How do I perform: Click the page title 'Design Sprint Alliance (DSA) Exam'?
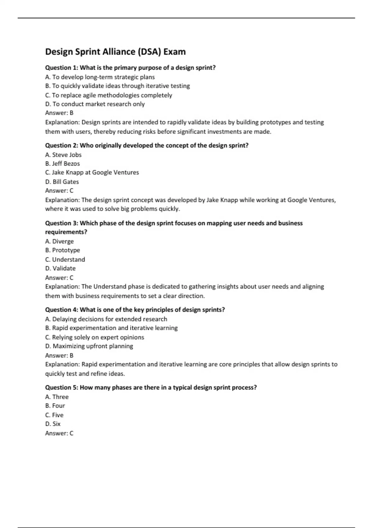(115, 52)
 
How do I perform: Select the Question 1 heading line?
(130, 68)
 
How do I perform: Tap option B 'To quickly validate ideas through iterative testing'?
(117, 86)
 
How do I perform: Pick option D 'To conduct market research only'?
(95, 104)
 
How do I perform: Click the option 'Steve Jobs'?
(63, 155)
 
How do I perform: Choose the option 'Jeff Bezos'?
(62, 163)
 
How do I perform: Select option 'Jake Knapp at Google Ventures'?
(92, 172)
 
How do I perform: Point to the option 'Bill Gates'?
(62, 182)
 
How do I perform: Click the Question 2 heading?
(147, 145)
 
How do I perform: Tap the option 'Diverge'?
(59, 241)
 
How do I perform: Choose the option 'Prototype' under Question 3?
(62, 250)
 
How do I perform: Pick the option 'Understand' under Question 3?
(65, 259)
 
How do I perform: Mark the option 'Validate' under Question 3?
(60, 268)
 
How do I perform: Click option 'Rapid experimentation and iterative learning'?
(111, 328)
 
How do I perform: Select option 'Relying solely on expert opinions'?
(94, 337)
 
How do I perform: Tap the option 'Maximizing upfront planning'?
(89, 346)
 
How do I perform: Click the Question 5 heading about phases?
(151, 387)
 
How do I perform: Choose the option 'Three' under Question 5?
(57, 397)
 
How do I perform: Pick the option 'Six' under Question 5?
(53, 424)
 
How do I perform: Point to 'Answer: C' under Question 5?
(59, 433)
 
